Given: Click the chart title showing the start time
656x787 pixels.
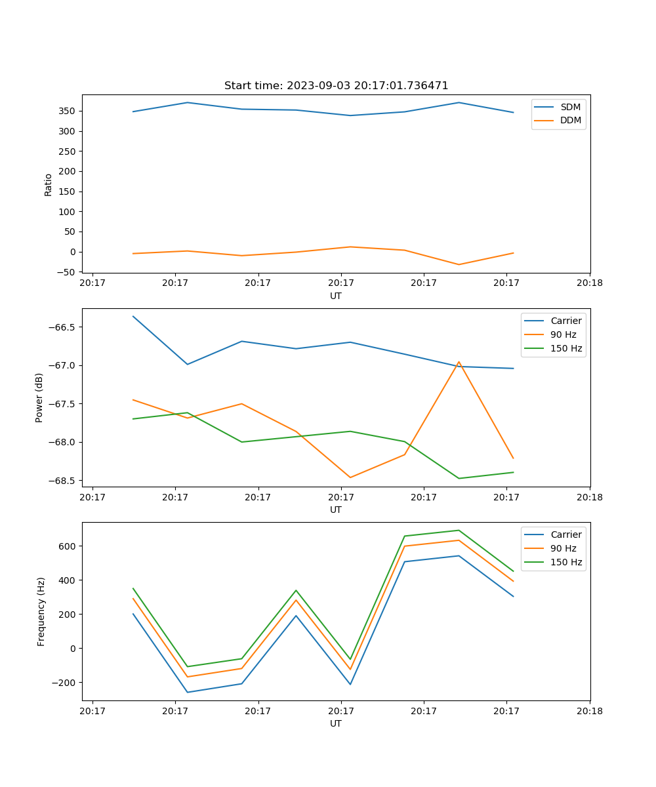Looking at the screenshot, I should point(336,86).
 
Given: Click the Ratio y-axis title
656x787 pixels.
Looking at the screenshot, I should point(48,184).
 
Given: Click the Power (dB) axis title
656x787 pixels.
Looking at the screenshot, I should point(39,397).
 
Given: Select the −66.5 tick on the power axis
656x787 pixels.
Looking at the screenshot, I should point(63,327).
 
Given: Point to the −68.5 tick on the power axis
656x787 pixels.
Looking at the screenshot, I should point(63,481).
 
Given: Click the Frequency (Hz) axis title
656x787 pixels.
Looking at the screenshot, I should point(41,611).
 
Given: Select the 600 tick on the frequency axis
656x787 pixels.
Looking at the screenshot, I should point(68,546).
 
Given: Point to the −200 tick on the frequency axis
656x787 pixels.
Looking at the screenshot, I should point(64,683).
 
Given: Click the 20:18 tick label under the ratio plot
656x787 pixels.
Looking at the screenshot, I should point(589,283).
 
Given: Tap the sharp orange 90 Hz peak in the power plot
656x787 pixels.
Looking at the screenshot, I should point(459,362).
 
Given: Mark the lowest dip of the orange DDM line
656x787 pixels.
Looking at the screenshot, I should point(459,264).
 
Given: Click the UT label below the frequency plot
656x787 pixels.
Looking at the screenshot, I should point(336,723).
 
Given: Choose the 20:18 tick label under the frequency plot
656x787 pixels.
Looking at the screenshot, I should point(589,711).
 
